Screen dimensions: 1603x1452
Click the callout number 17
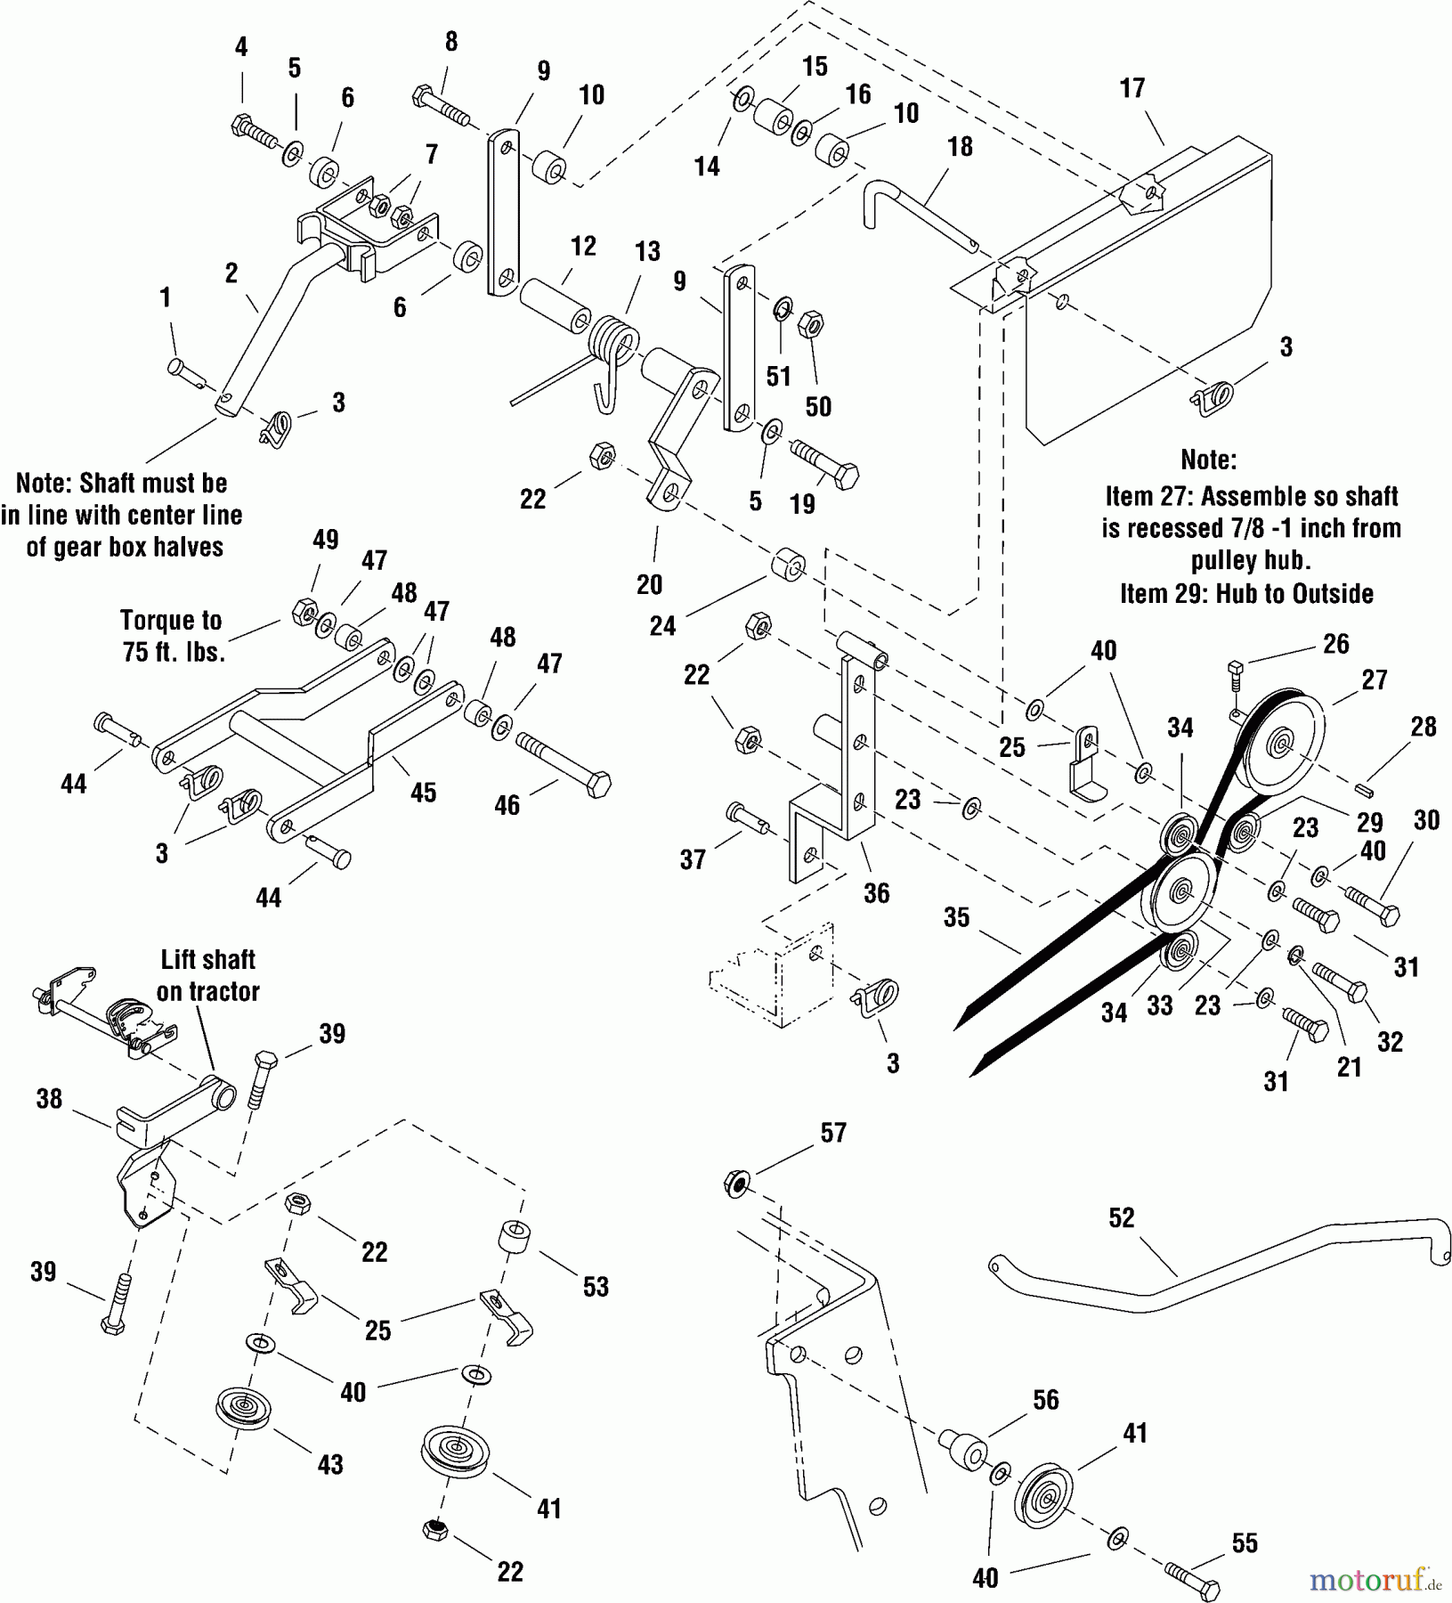coord(1132,88)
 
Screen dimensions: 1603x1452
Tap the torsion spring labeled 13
coord(614,343)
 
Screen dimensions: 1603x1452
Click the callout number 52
coord(1121,1217)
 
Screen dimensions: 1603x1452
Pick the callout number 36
coord(876,893)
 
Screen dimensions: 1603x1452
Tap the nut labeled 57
coord(737,1184)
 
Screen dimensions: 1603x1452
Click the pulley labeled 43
coord(243,1408)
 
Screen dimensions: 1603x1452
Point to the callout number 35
coord(956,917)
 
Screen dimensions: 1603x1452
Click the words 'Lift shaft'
coord(208,960)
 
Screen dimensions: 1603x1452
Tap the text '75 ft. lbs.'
coord(174,652)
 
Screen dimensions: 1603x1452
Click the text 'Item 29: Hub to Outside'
coord(1246,594)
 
